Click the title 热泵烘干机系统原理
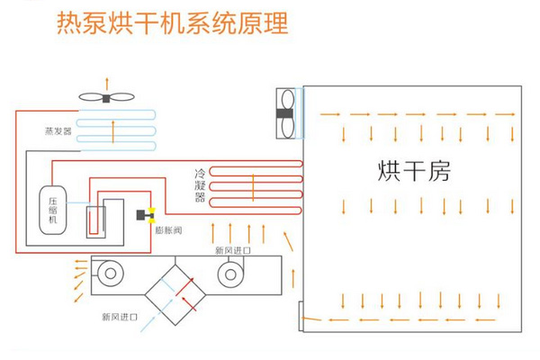click(172, 24)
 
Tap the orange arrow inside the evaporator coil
click(112, 130)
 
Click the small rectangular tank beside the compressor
click(96, 219)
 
